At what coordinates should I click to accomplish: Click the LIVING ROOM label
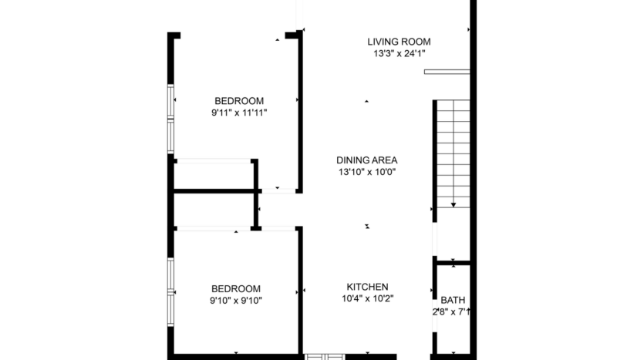(x=399, y=42)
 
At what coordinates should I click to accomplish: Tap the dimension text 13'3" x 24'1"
(x=399, y=54)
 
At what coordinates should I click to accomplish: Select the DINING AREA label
(x=366, y=160)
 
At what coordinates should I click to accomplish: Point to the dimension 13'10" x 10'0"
(x=366, y=173)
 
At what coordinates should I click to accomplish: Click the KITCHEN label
(x=367, y=287)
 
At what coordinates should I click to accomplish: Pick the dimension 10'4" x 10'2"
(x=367, y=299)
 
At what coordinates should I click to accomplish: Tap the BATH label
(x=453, y=300)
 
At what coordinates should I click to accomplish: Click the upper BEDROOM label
(x=239, y=101)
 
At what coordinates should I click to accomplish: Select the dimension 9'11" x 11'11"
(x=239, y=113)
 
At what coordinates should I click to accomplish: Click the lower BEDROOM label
(x=235, y=288)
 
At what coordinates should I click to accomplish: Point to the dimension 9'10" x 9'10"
(x=235, y=301)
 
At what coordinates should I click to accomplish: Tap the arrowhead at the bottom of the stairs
(x=453, y=204)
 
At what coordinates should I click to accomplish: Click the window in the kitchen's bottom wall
(x=324, y=356)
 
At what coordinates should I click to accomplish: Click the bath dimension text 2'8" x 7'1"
(x=452, y=312)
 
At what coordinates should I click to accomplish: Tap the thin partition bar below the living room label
(x=447, y=72)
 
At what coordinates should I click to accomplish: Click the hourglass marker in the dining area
(x=367, y=226)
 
